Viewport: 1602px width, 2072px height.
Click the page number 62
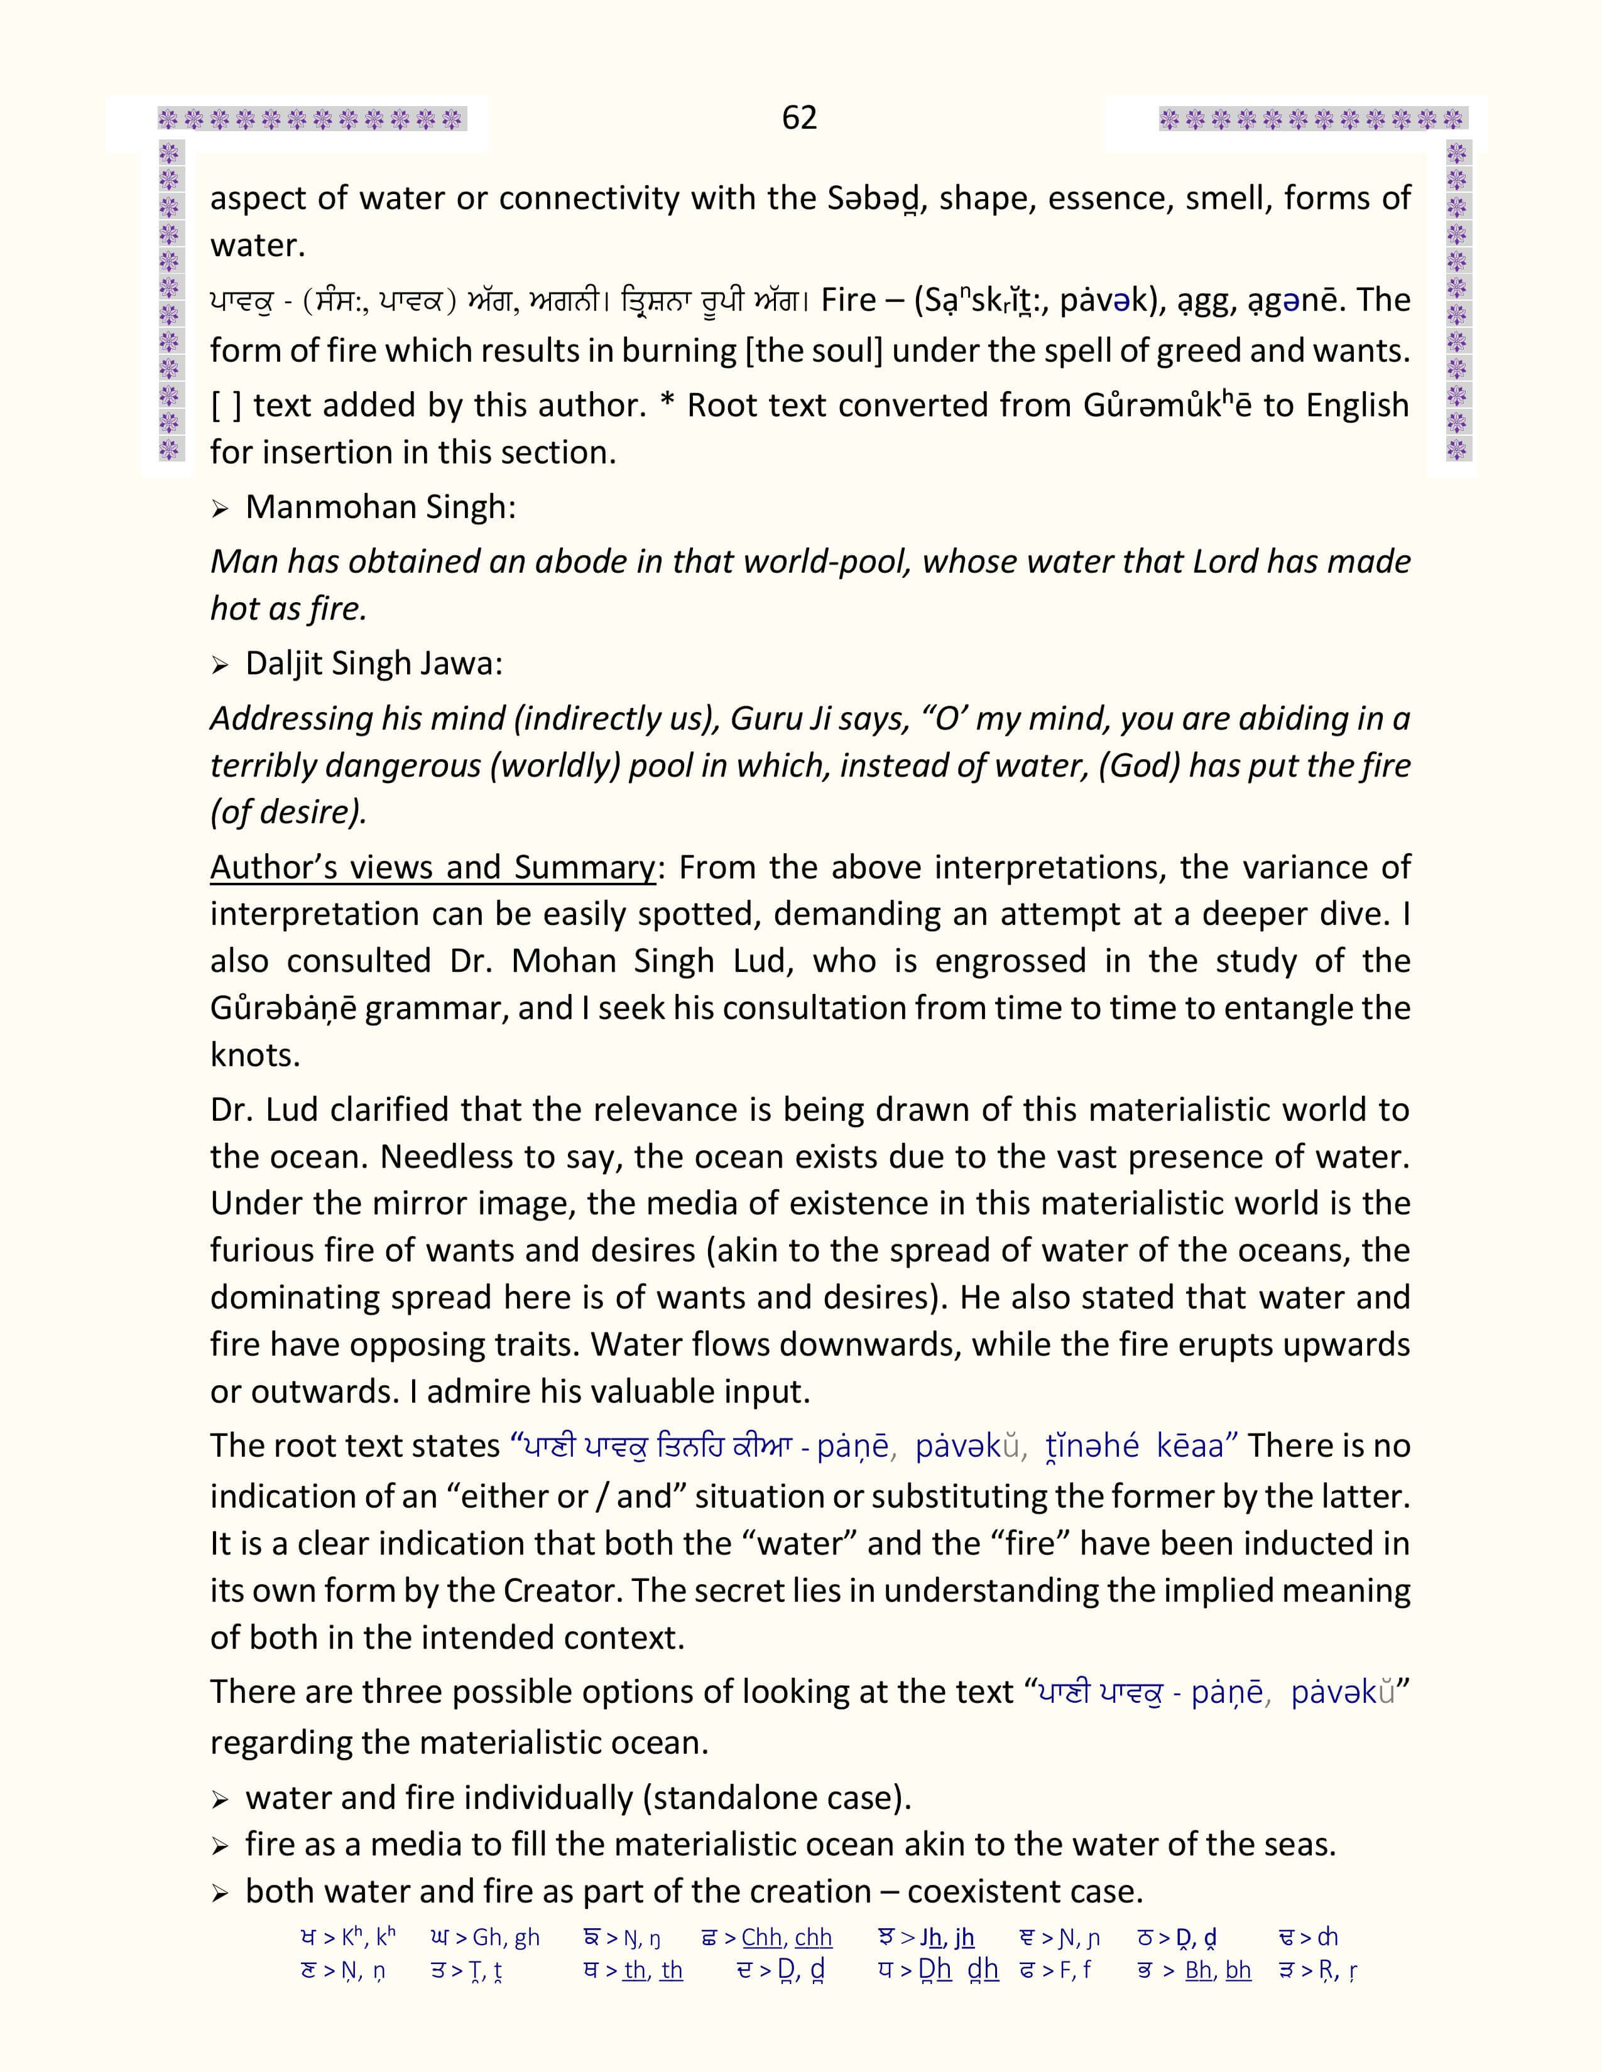pos(799,117)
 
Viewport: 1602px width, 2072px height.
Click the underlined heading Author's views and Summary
pos(432,867)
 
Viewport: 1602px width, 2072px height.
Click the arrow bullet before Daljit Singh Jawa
pos(220,665)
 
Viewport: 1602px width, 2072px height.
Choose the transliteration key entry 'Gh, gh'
pos(506,1937)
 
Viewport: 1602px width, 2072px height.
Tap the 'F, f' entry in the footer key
pos(1071,1970)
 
